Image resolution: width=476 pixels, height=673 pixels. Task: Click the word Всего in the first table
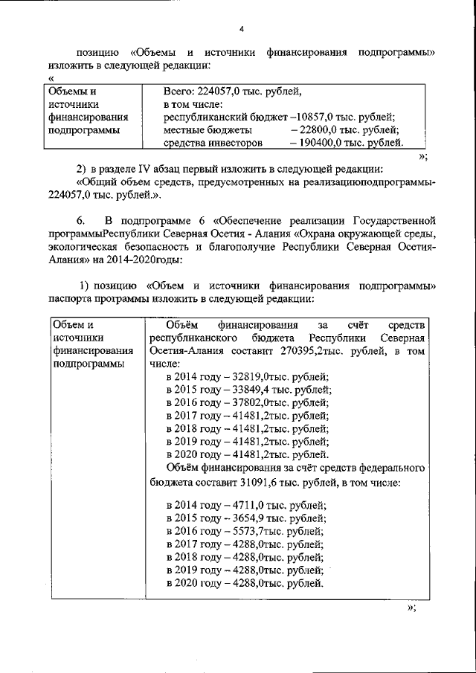tap(178, 91)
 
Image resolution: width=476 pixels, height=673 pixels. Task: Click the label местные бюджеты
tap(199, 129)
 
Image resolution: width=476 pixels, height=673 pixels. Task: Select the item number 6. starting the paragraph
tap(83, 220)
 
